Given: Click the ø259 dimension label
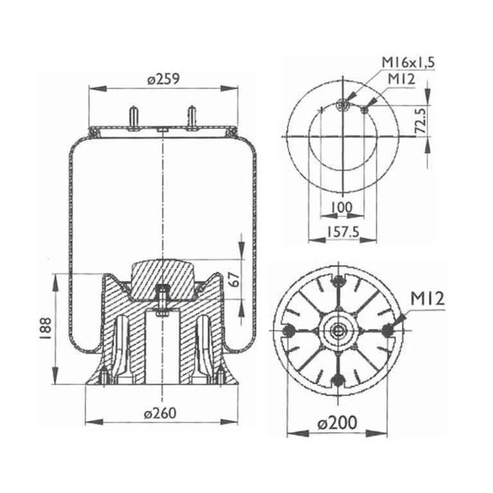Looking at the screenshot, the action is coord(164,79).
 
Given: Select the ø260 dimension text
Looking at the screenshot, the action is coord(160,413).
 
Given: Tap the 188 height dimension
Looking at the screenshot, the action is coord(46,329).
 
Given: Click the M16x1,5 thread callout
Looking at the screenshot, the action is coord(408,62).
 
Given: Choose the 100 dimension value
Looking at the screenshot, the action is coord(342,207).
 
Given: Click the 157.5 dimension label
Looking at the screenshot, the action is coord(343,232).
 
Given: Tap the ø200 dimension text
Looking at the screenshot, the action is coord(338,422).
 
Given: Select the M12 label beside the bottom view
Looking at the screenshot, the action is coord(428,298).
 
